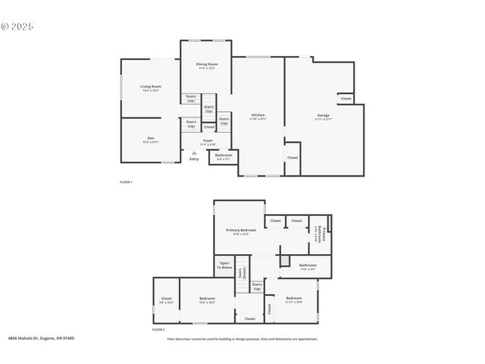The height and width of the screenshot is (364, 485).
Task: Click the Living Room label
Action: [151, 87]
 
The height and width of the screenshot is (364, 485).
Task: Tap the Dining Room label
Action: [207, 65]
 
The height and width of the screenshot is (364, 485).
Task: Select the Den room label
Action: [150, 139]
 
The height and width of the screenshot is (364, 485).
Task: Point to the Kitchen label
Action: [258, 116]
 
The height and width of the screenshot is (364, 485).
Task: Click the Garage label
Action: [324, 116]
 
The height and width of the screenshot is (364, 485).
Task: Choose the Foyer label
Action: [207, 141]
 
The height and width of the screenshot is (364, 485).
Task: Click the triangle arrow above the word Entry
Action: [194, 152]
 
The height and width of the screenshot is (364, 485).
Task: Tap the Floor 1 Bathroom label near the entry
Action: [224, 156]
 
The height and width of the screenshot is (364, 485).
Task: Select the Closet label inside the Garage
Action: [346, 99]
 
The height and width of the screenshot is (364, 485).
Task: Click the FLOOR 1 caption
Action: [127, 183]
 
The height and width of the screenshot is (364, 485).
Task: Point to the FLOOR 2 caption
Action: [158, 330]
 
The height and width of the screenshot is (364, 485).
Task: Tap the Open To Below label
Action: [225, 265]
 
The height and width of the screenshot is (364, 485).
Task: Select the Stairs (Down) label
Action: [244, 274]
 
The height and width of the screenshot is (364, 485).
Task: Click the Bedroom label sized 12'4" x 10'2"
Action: [207, 300]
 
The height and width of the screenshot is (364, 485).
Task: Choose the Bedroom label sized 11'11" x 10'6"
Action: [294, 300]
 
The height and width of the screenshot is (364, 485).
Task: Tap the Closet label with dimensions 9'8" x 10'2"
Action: [167, 300]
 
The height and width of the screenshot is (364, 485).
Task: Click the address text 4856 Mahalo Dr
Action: [41, 339]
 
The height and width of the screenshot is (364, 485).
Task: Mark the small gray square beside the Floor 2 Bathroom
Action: [285, 261]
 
